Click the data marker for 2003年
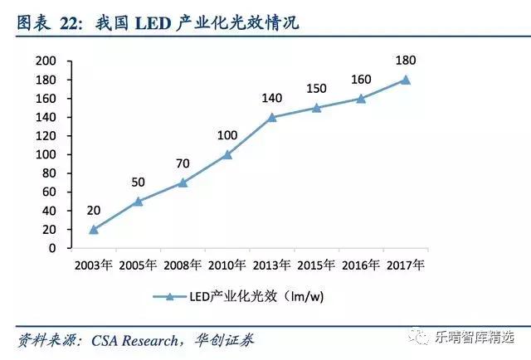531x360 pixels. [94, 229]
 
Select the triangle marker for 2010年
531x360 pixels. [228, 154]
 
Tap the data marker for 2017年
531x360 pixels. [405, 80]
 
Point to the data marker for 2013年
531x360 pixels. [272, 117]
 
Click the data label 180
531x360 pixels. [405, 60]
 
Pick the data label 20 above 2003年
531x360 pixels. [94, 210]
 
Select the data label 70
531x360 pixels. [183, 163]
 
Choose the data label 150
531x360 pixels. [316, 89]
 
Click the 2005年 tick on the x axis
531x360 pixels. [139, 266]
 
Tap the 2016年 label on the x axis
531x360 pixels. [360, 266]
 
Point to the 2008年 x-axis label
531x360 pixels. [183, 266]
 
